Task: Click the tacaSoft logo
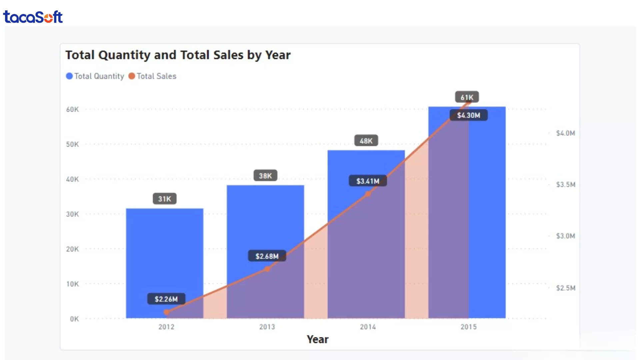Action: click(x=33, y=17)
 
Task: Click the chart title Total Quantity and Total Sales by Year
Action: click(x=178, y=55)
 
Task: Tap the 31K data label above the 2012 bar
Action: click(x=165, y=199)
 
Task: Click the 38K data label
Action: click(x=265, y=176)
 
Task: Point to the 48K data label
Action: click(x=366, y=141)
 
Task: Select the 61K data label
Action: click(x=467, y=97)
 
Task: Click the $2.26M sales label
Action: click(x=166, y=299)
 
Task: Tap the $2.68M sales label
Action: click(x=267, y=256)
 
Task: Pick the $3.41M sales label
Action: click(x=368, y=181)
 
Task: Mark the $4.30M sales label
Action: click(x=468, y=115)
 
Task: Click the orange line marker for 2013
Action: click(x=267, y=269)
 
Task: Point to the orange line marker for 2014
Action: click(x=368, y=194)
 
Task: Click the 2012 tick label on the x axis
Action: click(x=166, y=327)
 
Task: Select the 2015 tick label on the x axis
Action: click(x=468, y=327)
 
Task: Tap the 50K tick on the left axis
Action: click(x=72, y=144)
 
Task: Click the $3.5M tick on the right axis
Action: click(x=565, y=185)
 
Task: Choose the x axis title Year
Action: click(x=317, y=339)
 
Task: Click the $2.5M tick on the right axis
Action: click(x=565, y=288)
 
